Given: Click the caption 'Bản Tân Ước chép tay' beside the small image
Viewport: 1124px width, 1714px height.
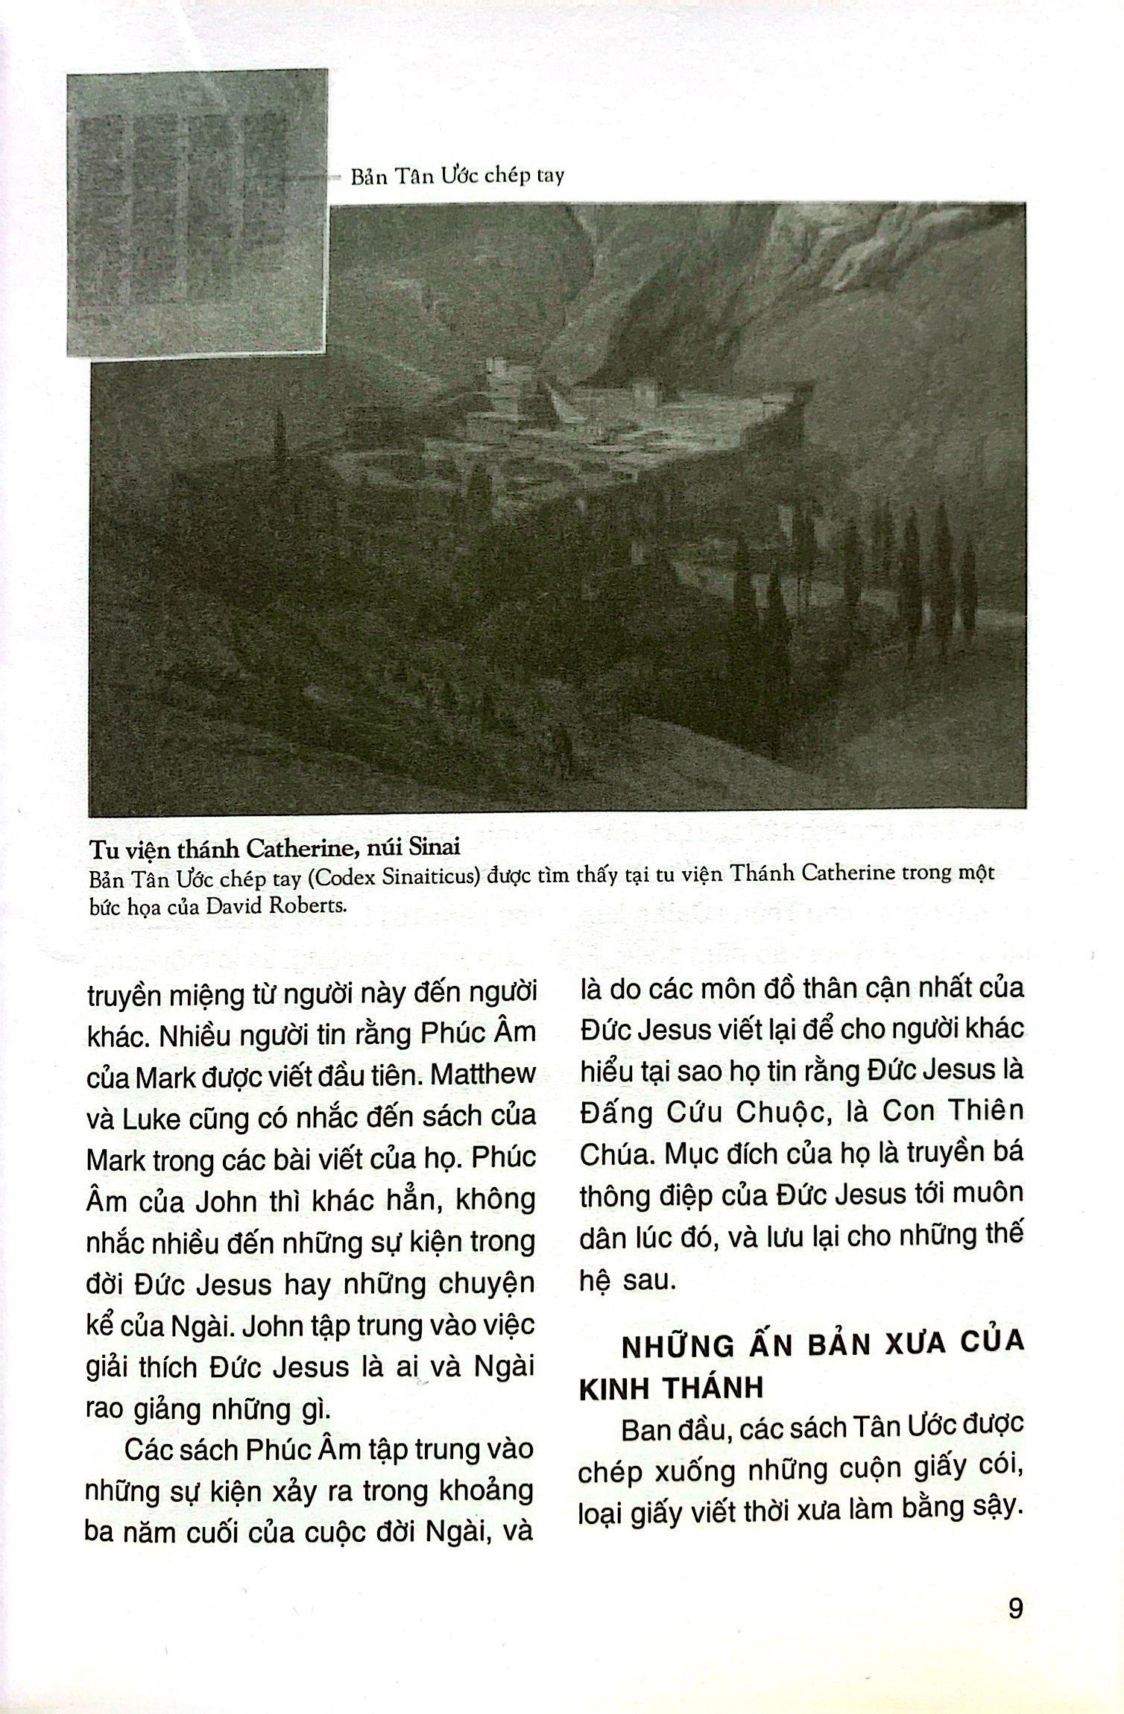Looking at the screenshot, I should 457,177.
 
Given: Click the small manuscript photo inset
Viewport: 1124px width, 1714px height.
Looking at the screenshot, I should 197,212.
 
